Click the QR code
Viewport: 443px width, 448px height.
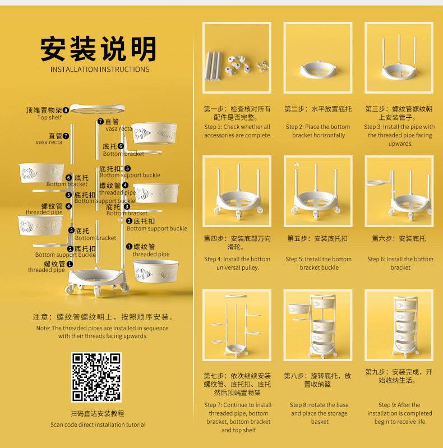click(96, 377)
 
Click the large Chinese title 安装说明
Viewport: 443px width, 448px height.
click(99, 49)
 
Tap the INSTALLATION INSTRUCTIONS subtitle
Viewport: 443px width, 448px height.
click(100, 70)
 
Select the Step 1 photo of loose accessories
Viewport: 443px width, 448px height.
click(237, 58)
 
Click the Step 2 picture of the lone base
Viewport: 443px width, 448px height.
click(318, 58)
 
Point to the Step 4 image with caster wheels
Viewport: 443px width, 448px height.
click(237, 191)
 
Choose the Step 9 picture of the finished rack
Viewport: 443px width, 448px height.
click(399, 325)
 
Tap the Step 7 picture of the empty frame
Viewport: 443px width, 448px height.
click(237, 325)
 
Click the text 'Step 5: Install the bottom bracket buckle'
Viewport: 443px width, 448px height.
click(319, 263)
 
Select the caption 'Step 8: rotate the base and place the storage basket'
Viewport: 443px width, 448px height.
click(319, 413)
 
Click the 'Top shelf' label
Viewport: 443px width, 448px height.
click(49, 117)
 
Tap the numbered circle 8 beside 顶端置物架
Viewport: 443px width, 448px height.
click(66, 110)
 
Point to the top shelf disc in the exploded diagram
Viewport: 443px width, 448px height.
click(98, 109)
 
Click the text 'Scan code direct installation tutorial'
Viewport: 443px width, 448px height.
click(98, 424)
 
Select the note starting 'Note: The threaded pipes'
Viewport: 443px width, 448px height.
click(103, 332)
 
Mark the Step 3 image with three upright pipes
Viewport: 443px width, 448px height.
click(399, 58)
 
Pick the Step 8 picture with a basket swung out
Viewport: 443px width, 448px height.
click(318, 325)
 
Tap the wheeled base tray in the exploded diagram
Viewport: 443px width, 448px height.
click(98, 281)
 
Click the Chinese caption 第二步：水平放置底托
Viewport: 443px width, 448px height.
click(318, 109)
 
